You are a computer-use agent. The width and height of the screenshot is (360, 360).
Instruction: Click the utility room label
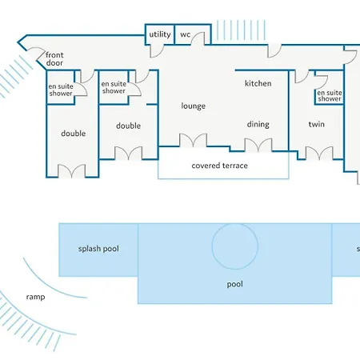[x=160, y=34]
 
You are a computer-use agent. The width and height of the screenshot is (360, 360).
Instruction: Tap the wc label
[x=186, y=34]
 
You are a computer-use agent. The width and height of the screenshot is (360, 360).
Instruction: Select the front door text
[x=54, y=59]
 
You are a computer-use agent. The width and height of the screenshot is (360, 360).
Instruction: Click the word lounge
[x=194, y=106]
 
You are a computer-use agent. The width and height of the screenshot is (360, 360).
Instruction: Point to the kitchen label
[x=258, y=83]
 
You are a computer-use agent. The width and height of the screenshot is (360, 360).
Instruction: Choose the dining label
[x=258, y=124]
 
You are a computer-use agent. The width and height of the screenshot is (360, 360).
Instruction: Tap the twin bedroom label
[x=317, y=124]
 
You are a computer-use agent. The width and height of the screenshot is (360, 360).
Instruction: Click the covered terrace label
[x=219, y=166]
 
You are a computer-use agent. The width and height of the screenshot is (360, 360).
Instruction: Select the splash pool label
[x=98, y=249]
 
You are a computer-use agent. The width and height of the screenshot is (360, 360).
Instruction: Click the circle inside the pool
[x=235, y=223]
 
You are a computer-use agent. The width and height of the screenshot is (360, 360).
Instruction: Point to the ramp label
[x=35, y=297]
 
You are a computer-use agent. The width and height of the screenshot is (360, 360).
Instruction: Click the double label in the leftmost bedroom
[x=74, y=134]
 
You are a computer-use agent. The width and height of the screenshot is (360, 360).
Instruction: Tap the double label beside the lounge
[x=128, y=126]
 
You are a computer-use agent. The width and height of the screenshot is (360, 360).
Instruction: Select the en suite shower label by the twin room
[x=330, y=96]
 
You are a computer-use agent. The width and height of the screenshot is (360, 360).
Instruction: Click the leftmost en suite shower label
[x=61, y=90]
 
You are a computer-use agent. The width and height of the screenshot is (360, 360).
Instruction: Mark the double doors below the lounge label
[x=193, y=140]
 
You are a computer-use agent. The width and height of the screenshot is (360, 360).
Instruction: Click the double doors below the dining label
[x=258, y=145]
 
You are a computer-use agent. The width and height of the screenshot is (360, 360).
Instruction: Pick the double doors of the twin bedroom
[x=319, y=154]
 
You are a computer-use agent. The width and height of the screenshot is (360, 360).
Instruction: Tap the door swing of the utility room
[x=155, y=51]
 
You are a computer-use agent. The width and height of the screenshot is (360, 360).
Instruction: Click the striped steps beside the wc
[x=241, y=30]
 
